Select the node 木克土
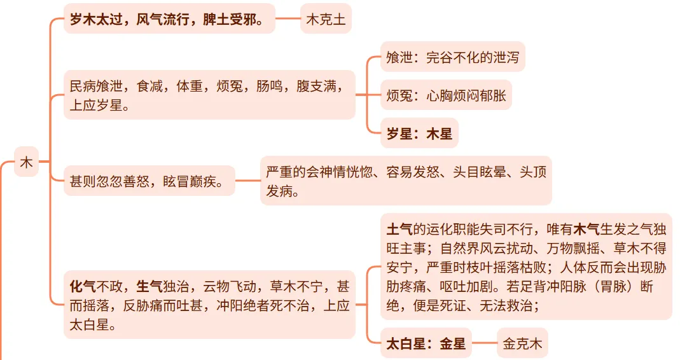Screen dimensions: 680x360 pyautogui.click(x=326, y=19)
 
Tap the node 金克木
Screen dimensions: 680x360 pyautogui.click(x=522, y=344)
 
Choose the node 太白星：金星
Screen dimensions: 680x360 pyautogui.click(x=426, y=344)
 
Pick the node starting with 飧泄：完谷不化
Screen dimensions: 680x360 pyautogui.click(x=452, y=59)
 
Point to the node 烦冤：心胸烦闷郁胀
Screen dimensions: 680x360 pyautogui.click(x=446, y=97)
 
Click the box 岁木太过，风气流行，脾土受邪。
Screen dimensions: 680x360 pyautogui.click(x=169, y=19)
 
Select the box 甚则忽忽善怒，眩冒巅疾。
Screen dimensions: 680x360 pyautogui.click(x=149, y=181)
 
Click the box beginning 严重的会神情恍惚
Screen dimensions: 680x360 pyautogui.click(x=406, y=181)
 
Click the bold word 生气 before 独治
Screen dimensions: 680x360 pyautogui.click(x=149, y=287)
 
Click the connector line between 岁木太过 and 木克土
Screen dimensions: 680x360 pyautogui.click(x=287, y=19)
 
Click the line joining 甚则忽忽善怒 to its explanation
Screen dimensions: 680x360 pyautogui.click(x=247, y=181)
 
